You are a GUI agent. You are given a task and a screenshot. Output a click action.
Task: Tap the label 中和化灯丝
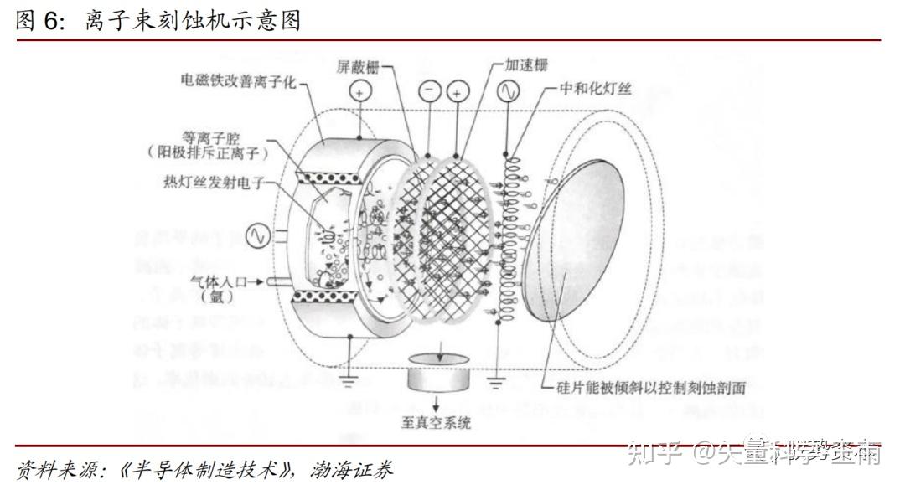599,90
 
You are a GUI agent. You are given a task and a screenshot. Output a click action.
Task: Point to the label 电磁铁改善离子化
238,81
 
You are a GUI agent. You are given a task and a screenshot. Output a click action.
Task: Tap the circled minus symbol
429,92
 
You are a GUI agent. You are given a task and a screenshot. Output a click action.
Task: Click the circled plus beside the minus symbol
458,92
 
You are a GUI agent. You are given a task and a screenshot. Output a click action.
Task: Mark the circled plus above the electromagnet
358,92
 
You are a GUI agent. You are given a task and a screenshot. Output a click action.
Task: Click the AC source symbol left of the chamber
258,236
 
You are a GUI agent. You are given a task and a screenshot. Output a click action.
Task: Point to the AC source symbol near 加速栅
509,92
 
